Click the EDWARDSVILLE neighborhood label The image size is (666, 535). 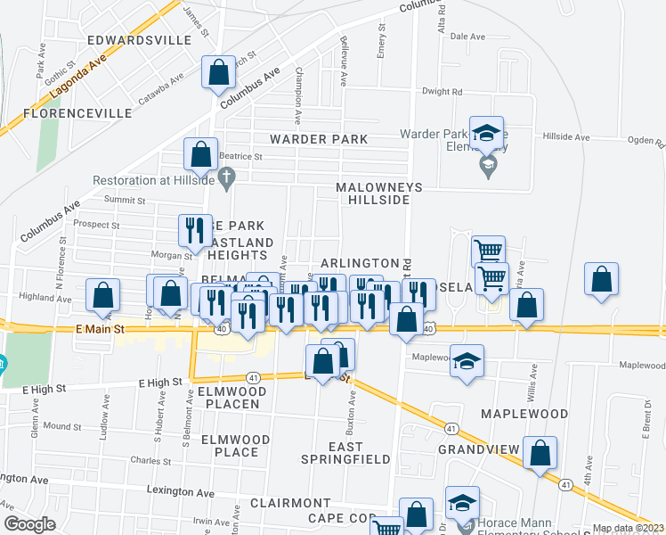(x=140, y=40)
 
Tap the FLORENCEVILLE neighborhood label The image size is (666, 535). (x=77, y=113)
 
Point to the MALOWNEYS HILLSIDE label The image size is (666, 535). (x=372, y=193)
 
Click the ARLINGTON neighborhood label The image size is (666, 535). (x=360, y=263)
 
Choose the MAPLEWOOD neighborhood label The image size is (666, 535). (x=524, y=414)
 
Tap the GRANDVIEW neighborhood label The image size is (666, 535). (x=472, y=449)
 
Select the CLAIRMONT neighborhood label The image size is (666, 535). (x=290, y=503)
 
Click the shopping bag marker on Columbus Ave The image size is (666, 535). (x=218, y=71)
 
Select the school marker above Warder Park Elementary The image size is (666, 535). (x=486, y=133)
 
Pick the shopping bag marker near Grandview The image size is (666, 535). (x=540, y=453)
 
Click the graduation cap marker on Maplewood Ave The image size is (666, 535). (x=467, y=361)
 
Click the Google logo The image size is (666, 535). (x=29, y=524)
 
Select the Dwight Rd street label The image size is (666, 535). (x=442, y=91)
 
